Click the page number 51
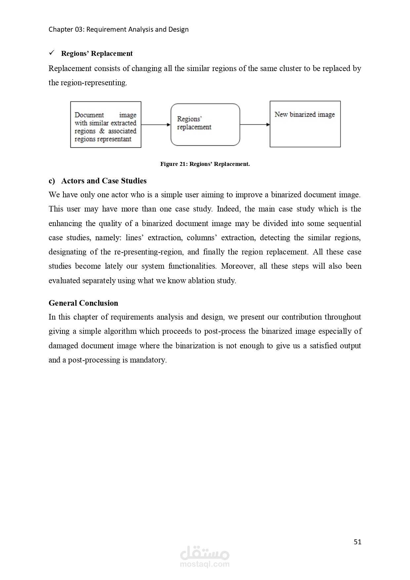click(x=357, y=542)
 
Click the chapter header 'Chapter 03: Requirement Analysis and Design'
click(x=118, y=29)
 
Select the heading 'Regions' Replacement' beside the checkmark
click(x=97, y=54)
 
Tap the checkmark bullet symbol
click(x=52, y=53)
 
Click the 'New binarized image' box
click(x=305, y=124)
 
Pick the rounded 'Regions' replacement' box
click(x=205, y=125)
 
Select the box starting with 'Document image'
click(x=105, y=125)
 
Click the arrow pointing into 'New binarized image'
click(x=255, y=125)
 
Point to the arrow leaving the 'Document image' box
click(x=156, y=125)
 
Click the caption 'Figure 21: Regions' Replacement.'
click(x=205, y=164)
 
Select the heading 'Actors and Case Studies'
click(x=104, y=181)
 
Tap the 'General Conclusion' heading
click(x=83, y=303)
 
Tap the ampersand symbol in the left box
click(x=102, y=131)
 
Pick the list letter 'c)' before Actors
click(x=52, y=181)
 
